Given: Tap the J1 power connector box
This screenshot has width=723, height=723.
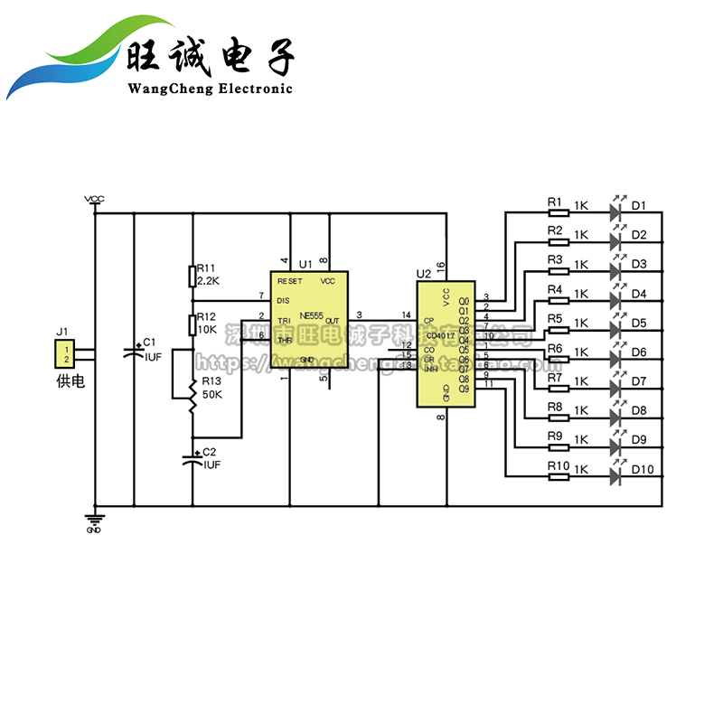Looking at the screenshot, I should pyautogui.click(x=64, y=354).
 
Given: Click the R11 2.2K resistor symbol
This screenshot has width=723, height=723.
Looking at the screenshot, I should pyautogui.click(x=192, y=275).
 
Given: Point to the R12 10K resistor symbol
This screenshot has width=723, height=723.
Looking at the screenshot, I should pyautogui.click(x=192, y=324).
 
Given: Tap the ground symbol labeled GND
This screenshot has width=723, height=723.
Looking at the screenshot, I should pyautogui.click(x=94, y=520).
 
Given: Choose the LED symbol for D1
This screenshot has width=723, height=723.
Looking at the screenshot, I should pyautogui.click(x=617, y=213).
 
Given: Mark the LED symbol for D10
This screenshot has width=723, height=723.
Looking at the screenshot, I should pyautogui.click(x=617, y=475).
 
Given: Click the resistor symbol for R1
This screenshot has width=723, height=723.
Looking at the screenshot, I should pyautogui.click(x=559, y=213).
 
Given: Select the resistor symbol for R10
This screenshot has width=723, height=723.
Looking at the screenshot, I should pyautogui.click(x=559, y=475).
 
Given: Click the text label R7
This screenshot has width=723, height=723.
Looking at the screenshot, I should pyautogui.click(x=554, y=377).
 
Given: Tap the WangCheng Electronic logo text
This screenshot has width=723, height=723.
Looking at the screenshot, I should pyautogui.click(x=211, y=88).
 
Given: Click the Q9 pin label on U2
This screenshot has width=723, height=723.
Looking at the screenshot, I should pyautogui.click(x=465, y=389).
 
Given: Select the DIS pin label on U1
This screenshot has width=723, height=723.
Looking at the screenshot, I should pyautogui.click(x=283, y=300).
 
